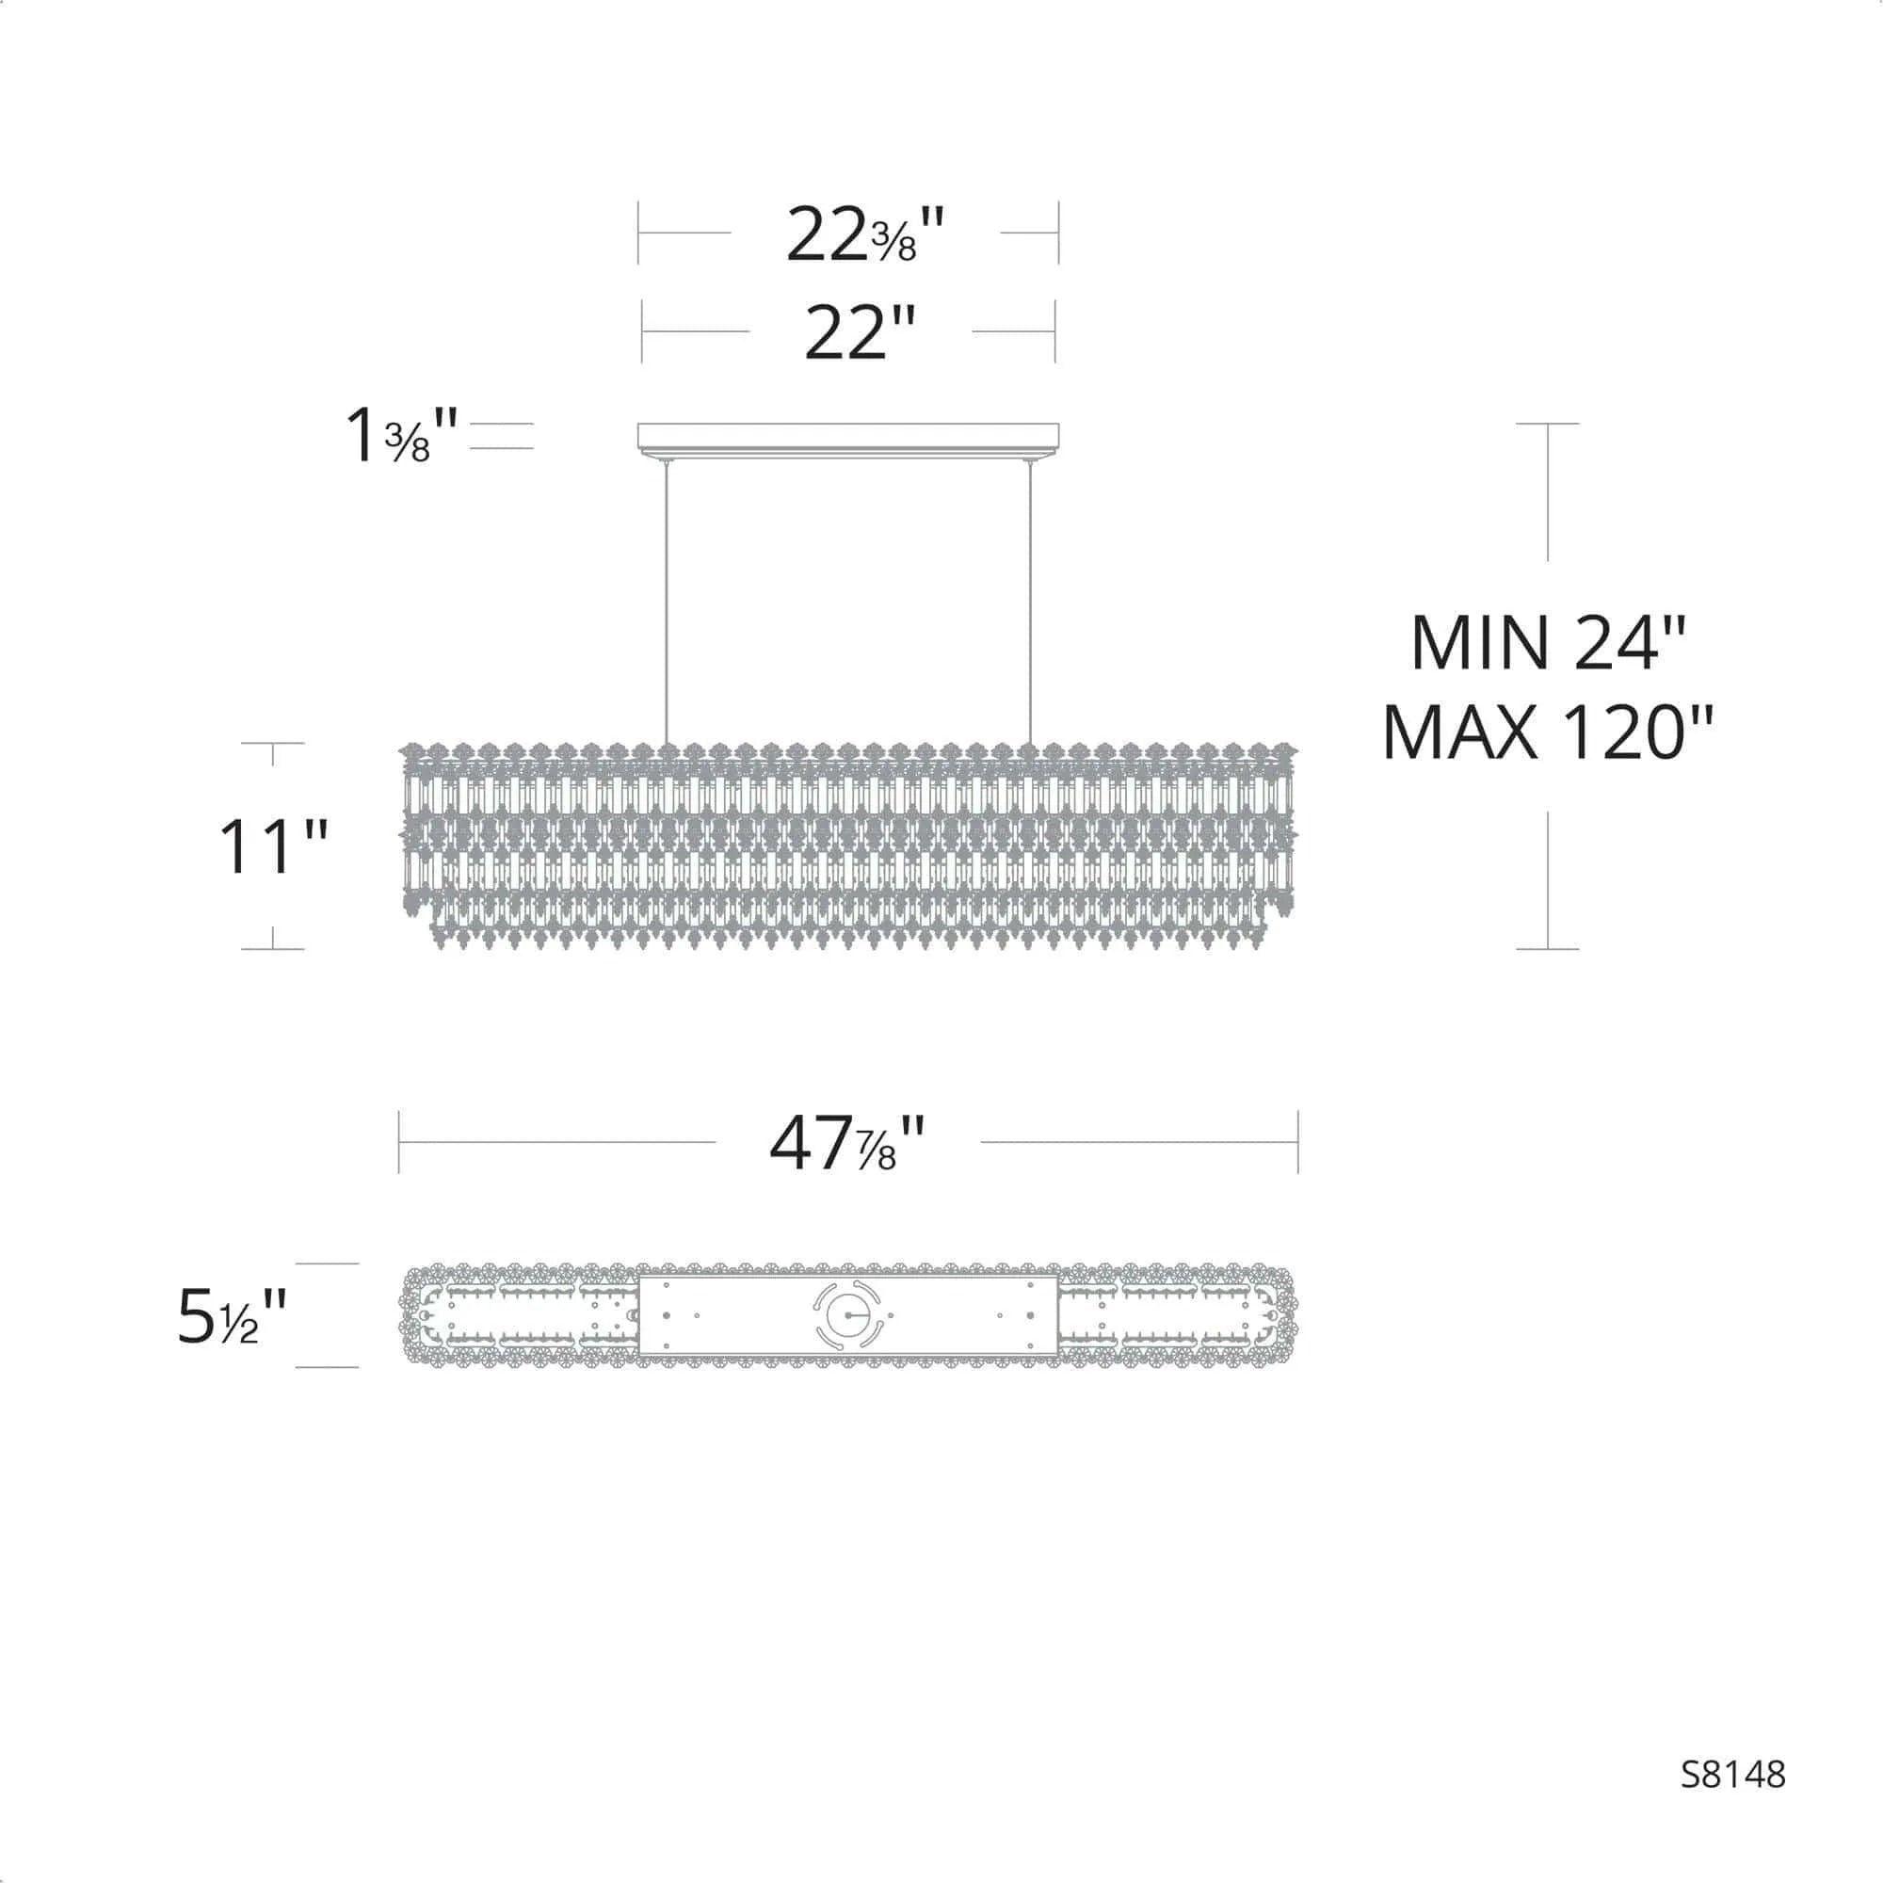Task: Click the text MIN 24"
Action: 1547,643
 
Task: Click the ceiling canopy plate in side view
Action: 847,437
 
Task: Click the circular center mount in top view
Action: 847,1314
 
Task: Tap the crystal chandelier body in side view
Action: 847,846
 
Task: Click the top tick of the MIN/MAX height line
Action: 1547,424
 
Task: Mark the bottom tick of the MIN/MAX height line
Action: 1547,948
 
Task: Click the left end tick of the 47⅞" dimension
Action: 399,1141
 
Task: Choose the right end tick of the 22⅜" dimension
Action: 1058,233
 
